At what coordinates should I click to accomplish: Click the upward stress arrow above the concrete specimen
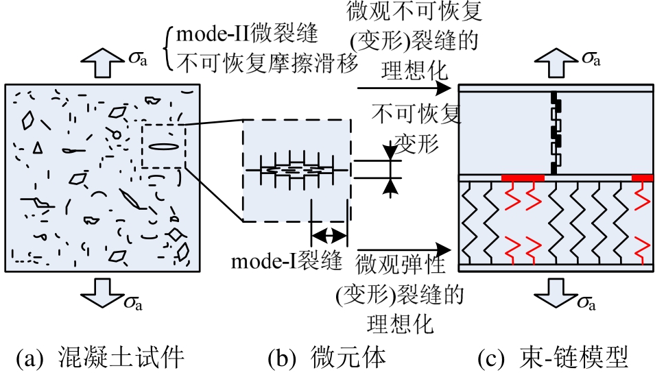tap(100, 64)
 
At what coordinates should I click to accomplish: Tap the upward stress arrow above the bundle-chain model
tap(554, 64)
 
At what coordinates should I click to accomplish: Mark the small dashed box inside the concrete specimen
tap(163, 146)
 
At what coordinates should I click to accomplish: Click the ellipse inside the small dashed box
tap(163, 146)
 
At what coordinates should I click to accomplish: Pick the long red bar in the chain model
tap(523, 178)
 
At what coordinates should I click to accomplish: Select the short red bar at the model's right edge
tap(642, 178)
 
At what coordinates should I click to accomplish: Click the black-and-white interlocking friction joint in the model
tap(556, 132)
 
